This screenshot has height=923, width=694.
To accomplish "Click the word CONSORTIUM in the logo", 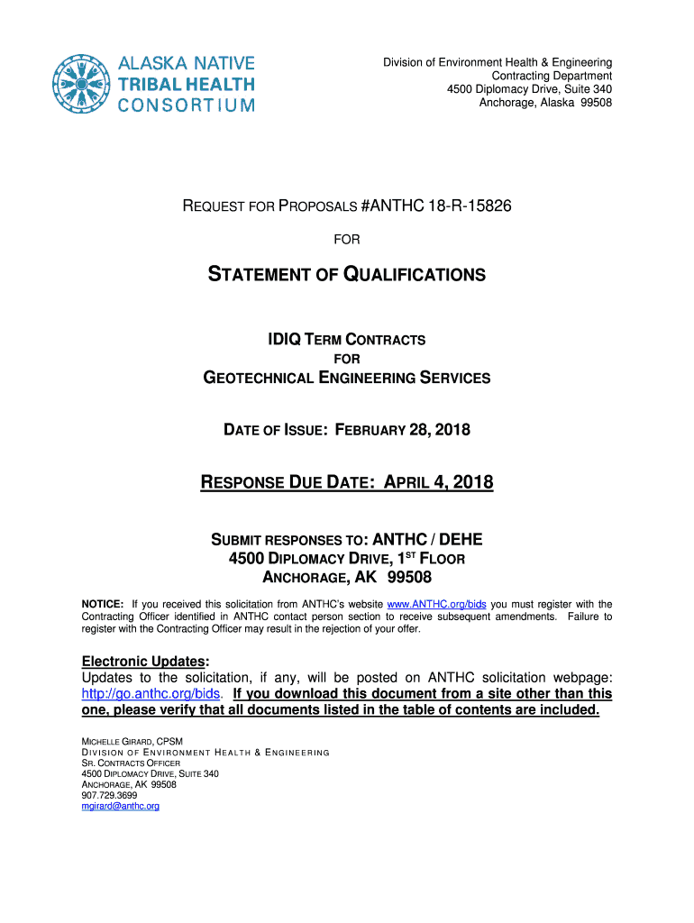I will tap(187, 105).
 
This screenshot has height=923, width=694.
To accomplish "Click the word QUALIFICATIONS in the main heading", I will tap(415, 274).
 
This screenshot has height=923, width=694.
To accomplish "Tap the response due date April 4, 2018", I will tap(438, 483).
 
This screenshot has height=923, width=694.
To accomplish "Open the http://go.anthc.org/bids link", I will tap(151, 694).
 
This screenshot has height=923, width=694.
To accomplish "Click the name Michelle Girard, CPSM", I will tap(132, 741).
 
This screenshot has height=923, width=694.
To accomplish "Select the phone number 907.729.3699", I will tap(109, 795).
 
